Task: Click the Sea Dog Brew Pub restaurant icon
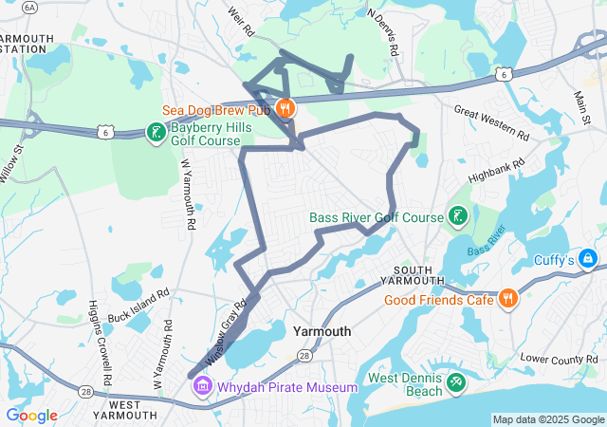[285, 108]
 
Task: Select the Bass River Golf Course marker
[457, 217]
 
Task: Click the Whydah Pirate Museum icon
[202, 387]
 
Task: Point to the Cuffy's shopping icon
[587, 258]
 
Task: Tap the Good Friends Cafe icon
[508, 300]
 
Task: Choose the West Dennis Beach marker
[456, 383]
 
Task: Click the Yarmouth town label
[322, 331]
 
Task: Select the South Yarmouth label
[413, 273]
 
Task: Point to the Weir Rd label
[243, 19]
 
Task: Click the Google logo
[31, 416]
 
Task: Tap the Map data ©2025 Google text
[547, 419]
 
